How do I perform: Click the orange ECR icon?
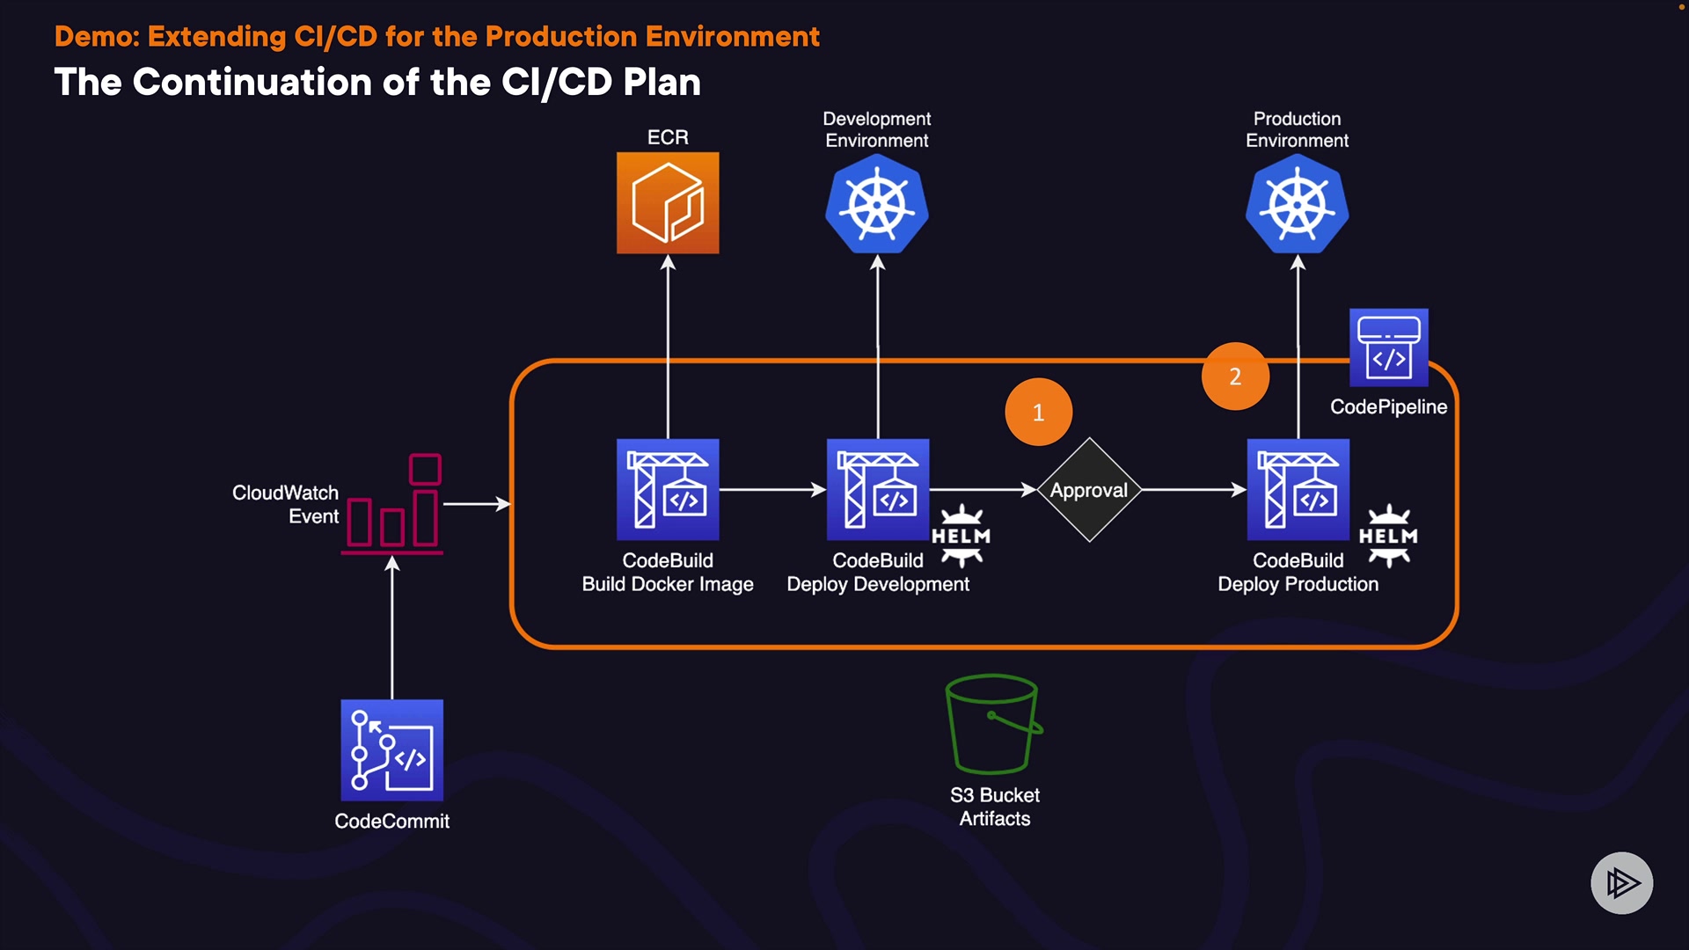pyautogui.click(x=668, y=203)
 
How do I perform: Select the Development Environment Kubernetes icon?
pyautogui.click(x=877, y=205)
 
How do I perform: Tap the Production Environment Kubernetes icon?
pyautogui.click(x=1298, y=205)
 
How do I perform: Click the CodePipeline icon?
pyautogui.click(x=1388, y=347)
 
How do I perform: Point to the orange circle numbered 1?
pyautogui.click(x=1038, y=412)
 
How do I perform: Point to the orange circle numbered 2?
pyautogui.click(x=1235, y=376)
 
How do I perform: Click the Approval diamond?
pyautogui.click(x=1089, y=490)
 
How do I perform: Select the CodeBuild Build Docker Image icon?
pyautogui.click(x=668, y=489)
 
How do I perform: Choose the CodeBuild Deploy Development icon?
pyautogui.click(x=878, y=489)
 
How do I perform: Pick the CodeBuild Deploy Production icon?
pyautogui.click(x=1298, y=489)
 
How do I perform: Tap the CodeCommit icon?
pyautogui.click(x=392, y=750)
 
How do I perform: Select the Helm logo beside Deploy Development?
pyautogui.click(x=961, y=535)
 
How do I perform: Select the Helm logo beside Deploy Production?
pyautogui.click(x=1388, y=535)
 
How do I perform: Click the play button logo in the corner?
pyautogui.click(x=1621, y=882)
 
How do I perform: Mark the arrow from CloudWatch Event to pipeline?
pyautogui.click(x=476, y=504)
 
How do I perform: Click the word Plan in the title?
pyautogui.click(x=662, y=83)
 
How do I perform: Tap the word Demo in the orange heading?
pyautogui.click(x=97, y=37)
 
